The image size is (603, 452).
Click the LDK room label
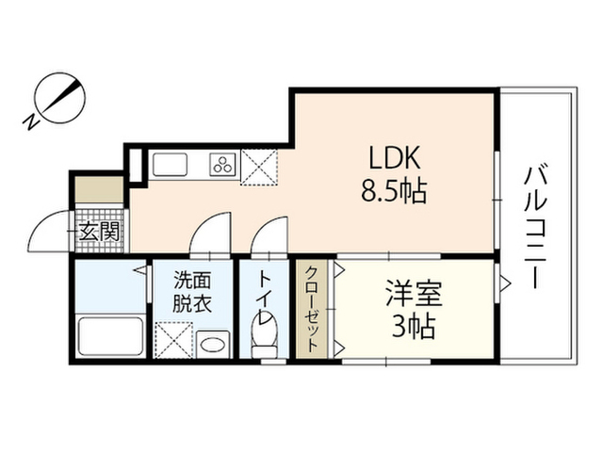coord(395,157)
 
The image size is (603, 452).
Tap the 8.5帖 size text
coord(394,191)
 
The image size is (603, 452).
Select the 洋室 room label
coord(415,294)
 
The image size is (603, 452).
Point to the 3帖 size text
coord(414,327)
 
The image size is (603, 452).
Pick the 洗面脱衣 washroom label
coord(192,292)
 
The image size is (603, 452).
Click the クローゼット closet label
coord(311,309)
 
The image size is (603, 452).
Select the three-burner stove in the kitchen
coord(223,165)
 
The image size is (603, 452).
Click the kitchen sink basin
coord(170,165)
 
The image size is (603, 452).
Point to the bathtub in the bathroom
coord(110,336)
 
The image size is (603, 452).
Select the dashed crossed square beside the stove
coord(259,168)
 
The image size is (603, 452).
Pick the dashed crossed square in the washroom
coord(173,341)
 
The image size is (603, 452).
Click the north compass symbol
coord(60,98)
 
